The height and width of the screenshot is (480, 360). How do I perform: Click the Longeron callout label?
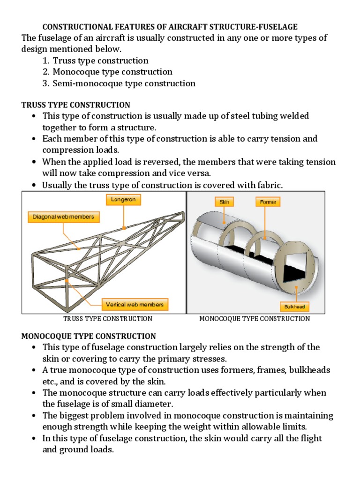point(123,200)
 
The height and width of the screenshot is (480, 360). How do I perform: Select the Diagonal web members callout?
point(64,217)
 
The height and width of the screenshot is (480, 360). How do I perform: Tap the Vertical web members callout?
point(135,305)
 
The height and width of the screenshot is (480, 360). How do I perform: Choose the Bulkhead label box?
point(295,307)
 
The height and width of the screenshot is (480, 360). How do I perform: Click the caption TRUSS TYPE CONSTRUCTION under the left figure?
point(108,319)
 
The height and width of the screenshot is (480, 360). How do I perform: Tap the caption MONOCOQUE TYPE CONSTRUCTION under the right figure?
point(255,319)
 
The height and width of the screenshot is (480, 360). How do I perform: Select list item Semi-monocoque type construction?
point(124,83)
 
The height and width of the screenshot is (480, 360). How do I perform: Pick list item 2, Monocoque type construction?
point(112,72)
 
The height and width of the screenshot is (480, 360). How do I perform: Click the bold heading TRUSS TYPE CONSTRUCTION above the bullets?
point(76,105)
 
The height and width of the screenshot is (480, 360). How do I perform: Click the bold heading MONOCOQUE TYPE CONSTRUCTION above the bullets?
point(89,336)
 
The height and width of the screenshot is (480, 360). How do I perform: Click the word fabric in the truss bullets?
point(270,185)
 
